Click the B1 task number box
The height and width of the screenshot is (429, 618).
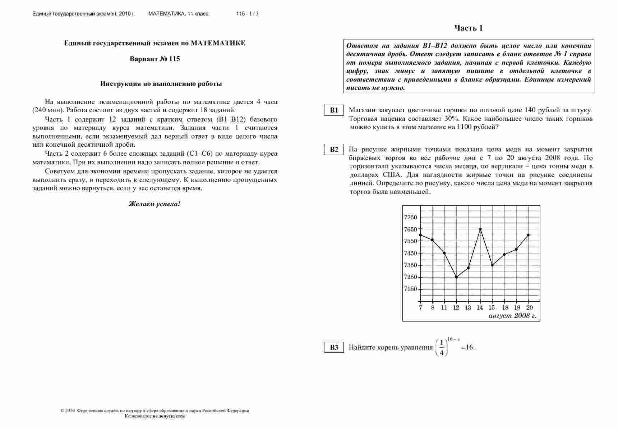334,110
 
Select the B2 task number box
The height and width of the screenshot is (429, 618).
334,150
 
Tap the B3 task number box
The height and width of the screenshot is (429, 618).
334,347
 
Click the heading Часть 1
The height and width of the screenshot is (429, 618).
469,28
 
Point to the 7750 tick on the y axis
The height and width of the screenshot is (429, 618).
411,217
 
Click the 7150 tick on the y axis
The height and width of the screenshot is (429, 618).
411,289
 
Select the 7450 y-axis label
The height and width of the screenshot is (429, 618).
411,253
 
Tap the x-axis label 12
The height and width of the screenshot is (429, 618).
456,308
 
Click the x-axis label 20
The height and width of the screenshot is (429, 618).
529,308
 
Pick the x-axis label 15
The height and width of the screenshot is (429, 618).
492,308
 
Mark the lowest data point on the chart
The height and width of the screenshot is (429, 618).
456,277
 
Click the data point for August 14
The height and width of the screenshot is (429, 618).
480,229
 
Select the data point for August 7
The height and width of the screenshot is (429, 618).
420,235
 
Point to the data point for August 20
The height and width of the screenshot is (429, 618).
528,235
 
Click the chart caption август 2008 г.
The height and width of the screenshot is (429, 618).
512,316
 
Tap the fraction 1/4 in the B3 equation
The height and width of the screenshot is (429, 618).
442,348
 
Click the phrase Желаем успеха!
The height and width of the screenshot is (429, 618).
154,204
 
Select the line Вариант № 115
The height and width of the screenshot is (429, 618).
154,59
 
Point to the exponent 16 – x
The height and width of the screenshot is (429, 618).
453,339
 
